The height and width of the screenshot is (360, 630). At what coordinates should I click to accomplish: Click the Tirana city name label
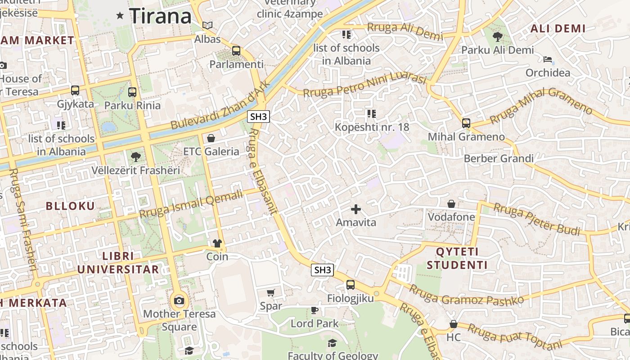160,16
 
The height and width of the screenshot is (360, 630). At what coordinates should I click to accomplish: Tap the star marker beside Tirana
120,16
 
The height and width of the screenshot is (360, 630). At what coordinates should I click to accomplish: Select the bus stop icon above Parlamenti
236,51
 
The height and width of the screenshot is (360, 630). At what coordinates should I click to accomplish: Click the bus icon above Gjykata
75,90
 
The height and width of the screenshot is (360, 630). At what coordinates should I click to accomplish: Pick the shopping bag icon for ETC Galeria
211,138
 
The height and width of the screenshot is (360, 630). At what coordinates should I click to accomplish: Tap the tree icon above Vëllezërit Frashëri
135,157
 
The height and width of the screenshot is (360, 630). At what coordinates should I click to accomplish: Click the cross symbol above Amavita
356,209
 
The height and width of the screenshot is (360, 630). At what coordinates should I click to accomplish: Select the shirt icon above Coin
217,243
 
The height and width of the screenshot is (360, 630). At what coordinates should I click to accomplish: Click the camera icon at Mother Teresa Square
179,301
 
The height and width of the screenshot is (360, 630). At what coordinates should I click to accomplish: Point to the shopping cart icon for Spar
271,293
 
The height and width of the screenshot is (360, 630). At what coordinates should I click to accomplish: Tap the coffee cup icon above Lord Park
315,310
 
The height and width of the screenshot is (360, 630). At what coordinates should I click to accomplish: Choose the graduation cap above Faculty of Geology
332,343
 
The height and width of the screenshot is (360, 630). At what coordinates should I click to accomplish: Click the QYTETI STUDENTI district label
457,258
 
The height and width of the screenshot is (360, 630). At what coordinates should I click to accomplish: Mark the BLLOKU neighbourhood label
71,206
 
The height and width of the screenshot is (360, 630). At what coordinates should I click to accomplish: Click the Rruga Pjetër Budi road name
537,219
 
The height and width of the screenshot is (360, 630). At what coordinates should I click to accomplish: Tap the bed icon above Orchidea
548,59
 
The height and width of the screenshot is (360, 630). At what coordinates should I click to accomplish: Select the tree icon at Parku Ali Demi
498,37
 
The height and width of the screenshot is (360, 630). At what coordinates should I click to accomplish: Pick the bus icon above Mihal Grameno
466,123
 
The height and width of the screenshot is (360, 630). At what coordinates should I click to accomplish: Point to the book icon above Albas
207,26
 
